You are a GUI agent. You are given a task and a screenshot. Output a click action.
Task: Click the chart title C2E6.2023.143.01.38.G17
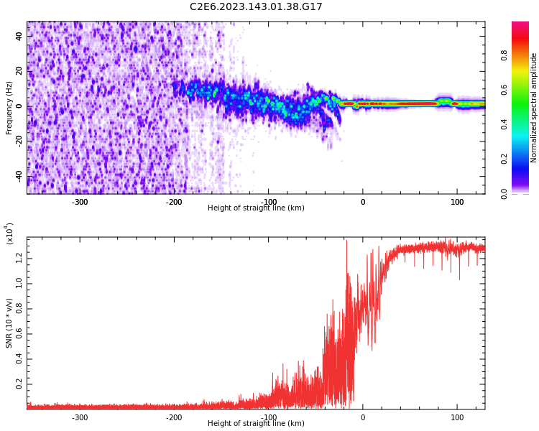256,7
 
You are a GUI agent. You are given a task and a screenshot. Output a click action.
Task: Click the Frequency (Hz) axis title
9,108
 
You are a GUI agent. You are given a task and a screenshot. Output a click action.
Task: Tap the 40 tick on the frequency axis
19,36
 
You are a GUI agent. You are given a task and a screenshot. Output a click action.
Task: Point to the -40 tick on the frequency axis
17,176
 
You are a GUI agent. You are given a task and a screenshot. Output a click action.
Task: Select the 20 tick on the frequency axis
19,71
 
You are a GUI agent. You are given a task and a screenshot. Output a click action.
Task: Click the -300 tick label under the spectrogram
80,202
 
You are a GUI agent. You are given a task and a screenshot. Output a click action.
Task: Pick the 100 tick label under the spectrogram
457,202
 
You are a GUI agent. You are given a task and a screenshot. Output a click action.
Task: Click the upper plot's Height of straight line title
256,208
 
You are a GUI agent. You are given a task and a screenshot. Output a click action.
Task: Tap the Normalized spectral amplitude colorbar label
534,108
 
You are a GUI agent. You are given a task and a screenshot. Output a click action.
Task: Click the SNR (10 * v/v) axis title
9,323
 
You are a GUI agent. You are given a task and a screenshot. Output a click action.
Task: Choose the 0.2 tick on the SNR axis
19,384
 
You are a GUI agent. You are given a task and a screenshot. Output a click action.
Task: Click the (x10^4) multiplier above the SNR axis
9,233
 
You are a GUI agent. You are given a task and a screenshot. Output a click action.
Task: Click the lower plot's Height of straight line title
256,424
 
